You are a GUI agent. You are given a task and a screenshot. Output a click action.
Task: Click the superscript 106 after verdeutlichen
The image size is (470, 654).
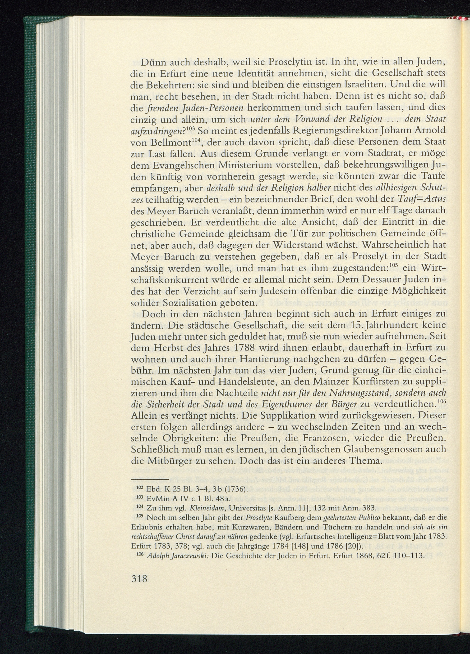click(x=442, y=402)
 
